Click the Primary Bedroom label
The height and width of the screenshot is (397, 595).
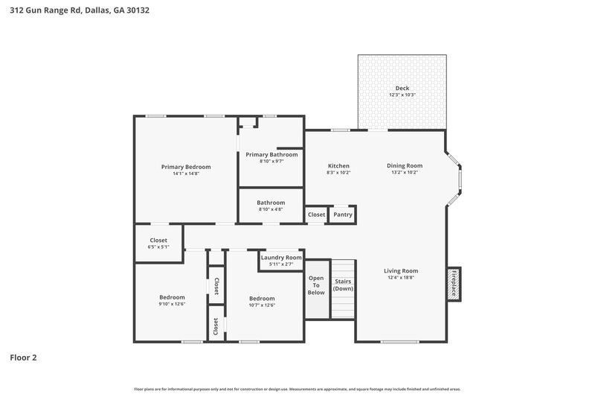tap(186, 167)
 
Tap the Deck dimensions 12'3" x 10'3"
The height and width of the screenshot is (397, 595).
tap(402, 95)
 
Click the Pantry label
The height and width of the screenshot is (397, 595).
tap(342, 215)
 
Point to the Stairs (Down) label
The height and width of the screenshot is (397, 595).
tap(343, 285)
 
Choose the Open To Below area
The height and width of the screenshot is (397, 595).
tap(316, 285)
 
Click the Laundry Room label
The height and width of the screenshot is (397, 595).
tap(281, 257)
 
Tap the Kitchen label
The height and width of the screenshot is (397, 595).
tap(338, 165)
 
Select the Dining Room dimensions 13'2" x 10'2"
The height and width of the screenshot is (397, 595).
tap(405, 172)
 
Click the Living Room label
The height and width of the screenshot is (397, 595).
tap(401, 271)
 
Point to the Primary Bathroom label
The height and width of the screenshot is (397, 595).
tap(271, 154)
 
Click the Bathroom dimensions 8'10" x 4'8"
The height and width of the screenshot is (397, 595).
tap(271, 209)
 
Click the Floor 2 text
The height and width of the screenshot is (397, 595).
tap(23, 358)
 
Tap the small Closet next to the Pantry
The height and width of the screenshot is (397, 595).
tap(316, 215)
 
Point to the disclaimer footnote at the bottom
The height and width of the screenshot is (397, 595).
tap(297, 389)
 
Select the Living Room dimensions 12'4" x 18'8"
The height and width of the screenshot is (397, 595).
tap(401, 278)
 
